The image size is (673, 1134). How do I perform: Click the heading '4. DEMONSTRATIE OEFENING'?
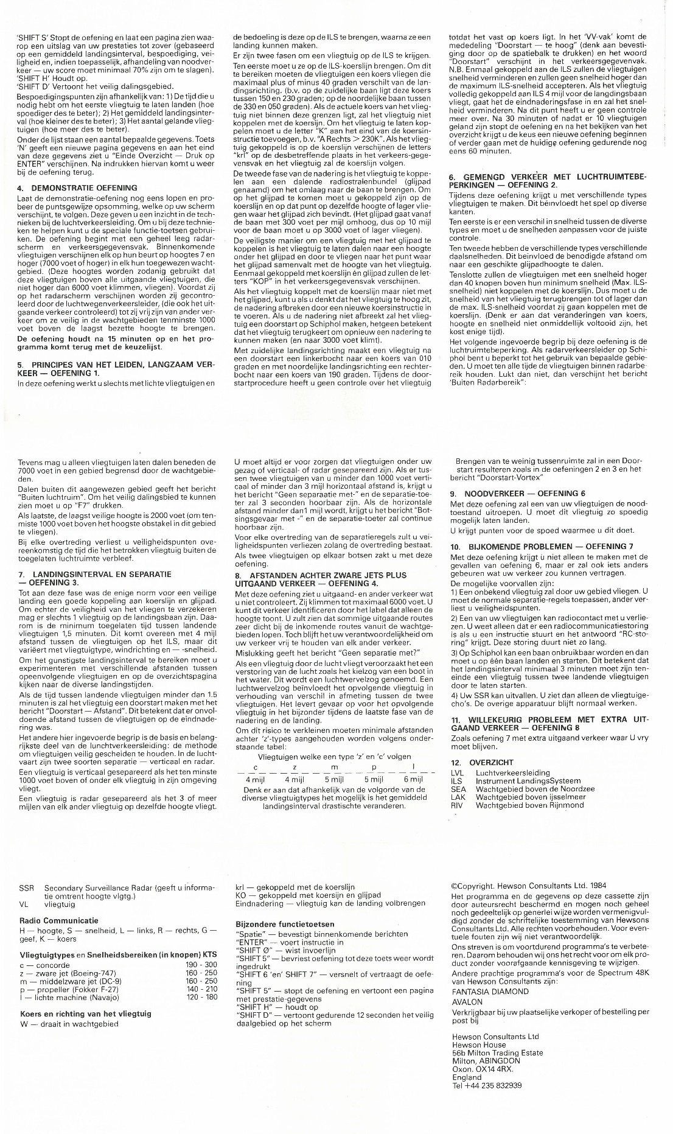[77, 188]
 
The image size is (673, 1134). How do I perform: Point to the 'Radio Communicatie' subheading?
[58, 920]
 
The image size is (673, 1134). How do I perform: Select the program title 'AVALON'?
[467, 1002]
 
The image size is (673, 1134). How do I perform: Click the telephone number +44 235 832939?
[487, 1085]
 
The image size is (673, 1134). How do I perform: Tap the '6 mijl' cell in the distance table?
[413, 779]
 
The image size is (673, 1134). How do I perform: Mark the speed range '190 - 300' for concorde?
[201, 965]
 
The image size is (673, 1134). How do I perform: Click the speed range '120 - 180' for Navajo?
[201, 997]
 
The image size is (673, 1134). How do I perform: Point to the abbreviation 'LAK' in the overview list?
[458, 797]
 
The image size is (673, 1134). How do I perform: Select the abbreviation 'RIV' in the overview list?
[457, 805]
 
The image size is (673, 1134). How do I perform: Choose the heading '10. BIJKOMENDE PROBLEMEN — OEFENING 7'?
[542, 547]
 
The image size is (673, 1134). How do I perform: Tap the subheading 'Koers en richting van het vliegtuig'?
[85, 1013]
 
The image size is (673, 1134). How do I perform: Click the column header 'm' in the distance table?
[334, 767]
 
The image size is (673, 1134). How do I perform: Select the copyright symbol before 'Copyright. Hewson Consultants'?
[455, 886]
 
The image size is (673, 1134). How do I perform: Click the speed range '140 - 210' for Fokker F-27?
[201, 989]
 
